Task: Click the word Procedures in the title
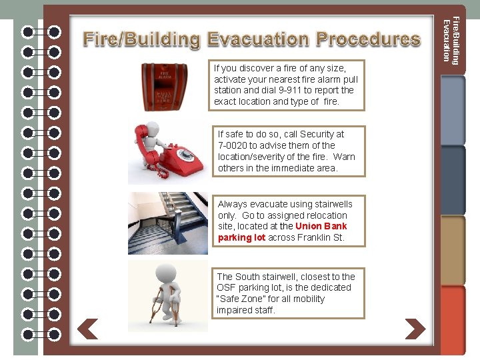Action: tap(368, 39)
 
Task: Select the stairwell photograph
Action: tap(168, 223)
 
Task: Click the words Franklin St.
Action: tap(321, 238)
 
